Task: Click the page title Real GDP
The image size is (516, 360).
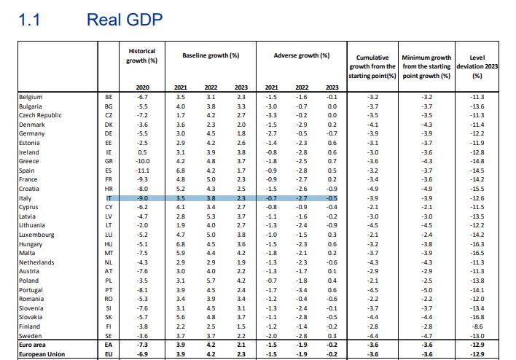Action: tap(124, 19)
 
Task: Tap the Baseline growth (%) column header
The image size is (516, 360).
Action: tap(211, 55)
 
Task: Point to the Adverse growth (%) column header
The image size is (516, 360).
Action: tap(302, 55)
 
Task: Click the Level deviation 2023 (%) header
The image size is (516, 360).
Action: tap(477, 66)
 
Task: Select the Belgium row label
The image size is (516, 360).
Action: tap(31, 97)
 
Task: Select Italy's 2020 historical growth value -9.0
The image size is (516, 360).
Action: tap(143, 197)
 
